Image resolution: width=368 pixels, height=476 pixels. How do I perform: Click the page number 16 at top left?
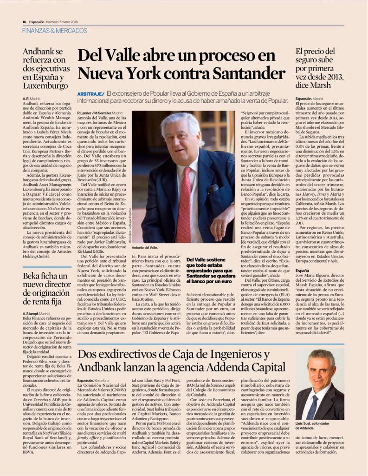(x=24, y=21)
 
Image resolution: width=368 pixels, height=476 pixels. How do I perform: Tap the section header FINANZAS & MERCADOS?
(x=55, y=31)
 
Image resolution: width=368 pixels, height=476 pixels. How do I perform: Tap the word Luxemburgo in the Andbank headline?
(x=45, y=86)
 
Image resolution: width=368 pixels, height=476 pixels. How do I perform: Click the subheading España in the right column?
(x=302, y=270)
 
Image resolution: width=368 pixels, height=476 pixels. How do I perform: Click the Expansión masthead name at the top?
(x=39, y=21)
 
